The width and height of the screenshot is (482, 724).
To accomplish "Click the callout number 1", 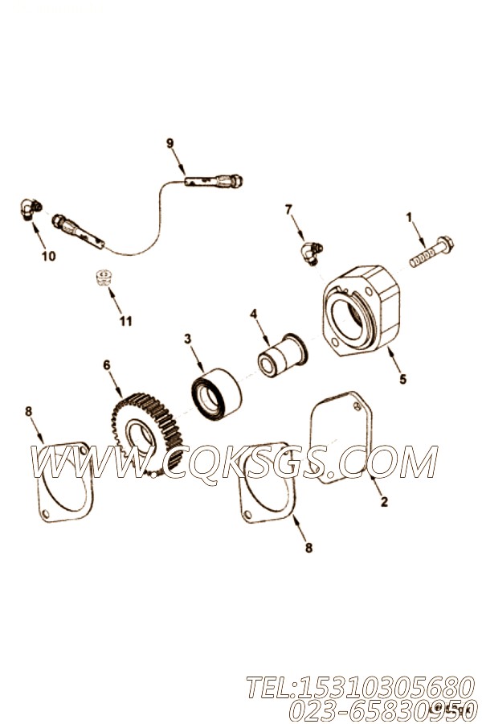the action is [408, 216].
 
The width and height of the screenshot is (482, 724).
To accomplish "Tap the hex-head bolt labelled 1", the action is [431, 252].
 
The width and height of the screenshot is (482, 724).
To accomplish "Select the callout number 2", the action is [384, 501].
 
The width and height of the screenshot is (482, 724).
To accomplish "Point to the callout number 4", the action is [253, 315].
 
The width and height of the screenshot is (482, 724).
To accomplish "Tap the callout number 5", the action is [402, 379].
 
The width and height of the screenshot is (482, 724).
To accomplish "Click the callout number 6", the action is [107, 364].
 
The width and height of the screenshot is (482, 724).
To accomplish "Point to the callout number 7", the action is [288, 210].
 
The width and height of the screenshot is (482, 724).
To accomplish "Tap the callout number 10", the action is [48, 256].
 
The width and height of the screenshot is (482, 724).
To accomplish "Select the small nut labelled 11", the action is [106, 277].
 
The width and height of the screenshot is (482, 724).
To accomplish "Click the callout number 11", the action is [125, 320].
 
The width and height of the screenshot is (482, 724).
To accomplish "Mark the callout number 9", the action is [170, 143].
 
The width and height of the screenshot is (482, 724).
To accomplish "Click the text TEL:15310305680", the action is [361, 688].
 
